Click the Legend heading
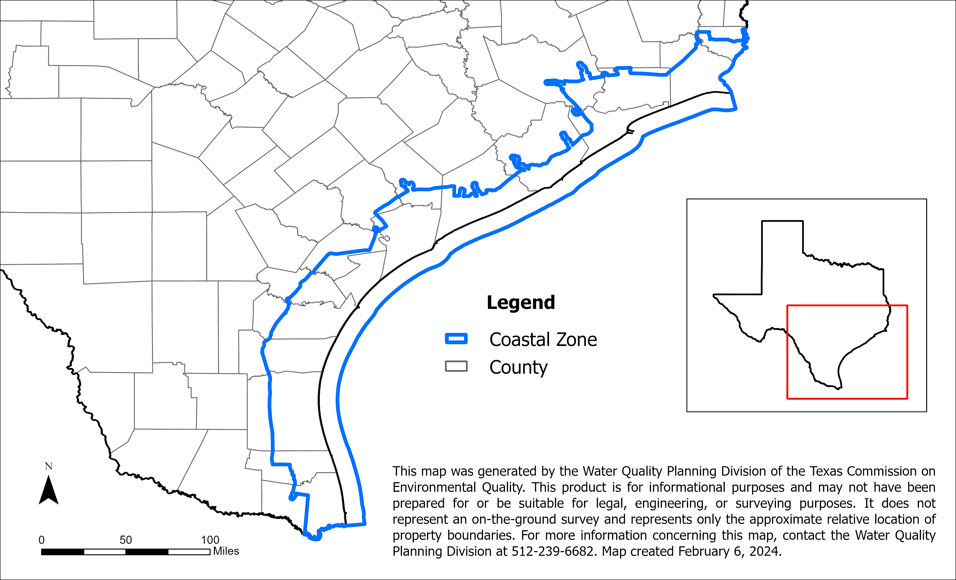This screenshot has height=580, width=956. click(x=521, y=303)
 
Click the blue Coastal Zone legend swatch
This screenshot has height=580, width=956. click(x=456, y=338)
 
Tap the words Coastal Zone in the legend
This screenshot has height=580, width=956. click(x=543, y=340)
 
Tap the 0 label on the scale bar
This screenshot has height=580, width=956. click(x=41, y=540)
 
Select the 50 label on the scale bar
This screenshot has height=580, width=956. click(x=126, y=540)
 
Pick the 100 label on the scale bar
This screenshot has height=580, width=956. click(x=210, y=540)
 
